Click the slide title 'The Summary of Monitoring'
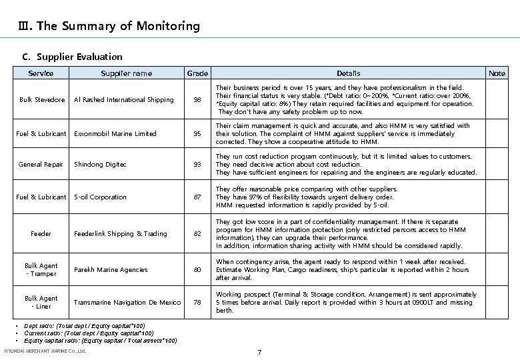(110, 27)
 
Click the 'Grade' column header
(197, 73)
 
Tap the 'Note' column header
(497, 73)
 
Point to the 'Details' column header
(348, 73)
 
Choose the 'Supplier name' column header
(126, 73)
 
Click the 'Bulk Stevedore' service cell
(42, 100)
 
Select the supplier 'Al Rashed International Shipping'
(123, 100)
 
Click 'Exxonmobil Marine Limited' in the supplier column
(115, 134)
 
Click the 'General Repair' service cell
(41, 165)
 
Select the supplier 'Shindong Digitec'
(100, 165)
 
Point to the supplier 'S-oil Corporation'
(100, 197)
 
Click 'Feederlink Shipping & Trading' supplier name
(121, 234)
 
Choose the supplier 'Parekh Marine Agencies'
(111, 270)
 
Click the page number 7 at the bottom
(260, 351)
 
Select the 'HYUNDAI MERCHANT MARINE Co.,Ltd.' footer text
(45, 351)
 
